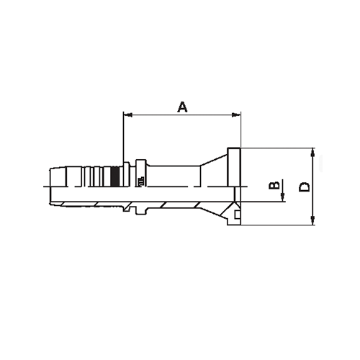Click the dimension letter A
click(x=183, y=107)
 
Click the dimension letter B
click(x=274, y=186)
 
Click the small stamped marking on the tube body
click(x=142, y=179)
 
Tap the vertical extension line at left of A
click(x=124, y=137)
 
